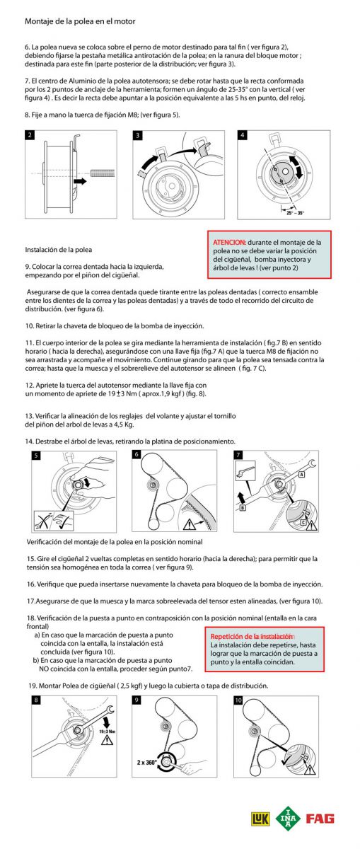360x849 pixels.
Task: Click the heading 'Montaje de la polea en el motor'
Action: (80, 21)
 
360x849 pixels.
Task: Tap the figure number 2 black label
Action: (30, 135)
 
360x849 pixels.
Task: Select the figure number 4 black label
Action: (242, 135)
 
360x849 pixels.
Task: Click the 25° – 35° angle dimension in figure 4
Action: (295, 213)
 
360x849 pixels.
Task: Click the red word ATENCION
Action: (229, 242)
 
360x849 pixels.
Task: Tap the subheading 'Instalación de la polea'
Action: (59, 250)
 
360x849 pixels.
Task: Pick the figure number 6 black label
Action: (137, 454)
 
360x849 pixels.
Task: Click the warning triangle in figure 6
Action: (189, 524)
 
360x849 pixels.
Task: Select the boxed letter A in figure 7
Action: (301, 474)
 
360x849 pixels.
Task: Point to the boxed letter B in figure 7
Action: (243, 507)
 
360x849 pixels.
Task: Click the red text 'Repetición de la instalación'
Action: (252, 636)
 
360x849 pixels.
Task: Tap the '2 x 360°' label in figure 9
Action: (146, 762)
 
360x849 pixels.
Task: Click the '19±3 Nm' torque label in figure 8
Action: (108, 732)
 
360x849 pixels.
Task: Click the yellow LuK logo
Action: (261, 819)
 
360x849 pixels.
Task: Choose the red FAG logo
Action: (320, 819)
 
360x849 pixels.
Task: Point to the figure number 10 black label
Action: (238, 700)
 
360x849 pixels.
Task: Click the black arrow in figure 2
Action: (80, 181)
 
